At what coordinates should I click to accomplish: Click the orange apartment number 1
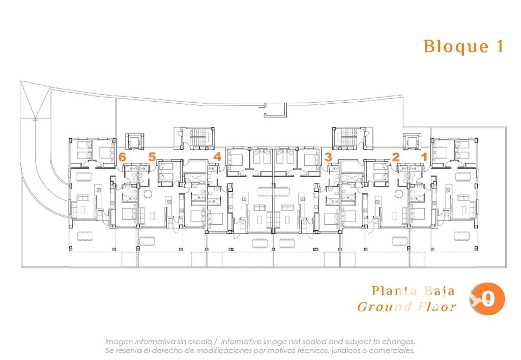coord(424,157)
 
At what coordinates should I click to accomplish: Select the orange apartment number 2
coord(395,157)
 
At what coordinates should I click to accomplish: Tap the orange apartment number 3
coord(328,157)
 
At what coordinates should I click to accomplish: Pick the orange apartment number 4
coord(217,157)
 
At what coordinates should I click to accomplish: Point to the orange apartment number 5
coord(152,157)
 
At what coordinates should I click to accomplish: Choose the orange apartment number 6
coord(122,157)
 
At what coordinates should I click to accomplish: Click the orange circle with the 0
coord(488,299)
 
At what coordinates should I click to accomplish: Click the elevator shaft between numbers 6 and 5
coord(134,142)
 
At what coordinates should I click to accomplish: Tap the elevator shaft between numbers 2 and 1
coord(412,142)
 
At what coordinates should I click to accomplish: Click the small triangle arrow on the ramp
coord(35,119)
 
